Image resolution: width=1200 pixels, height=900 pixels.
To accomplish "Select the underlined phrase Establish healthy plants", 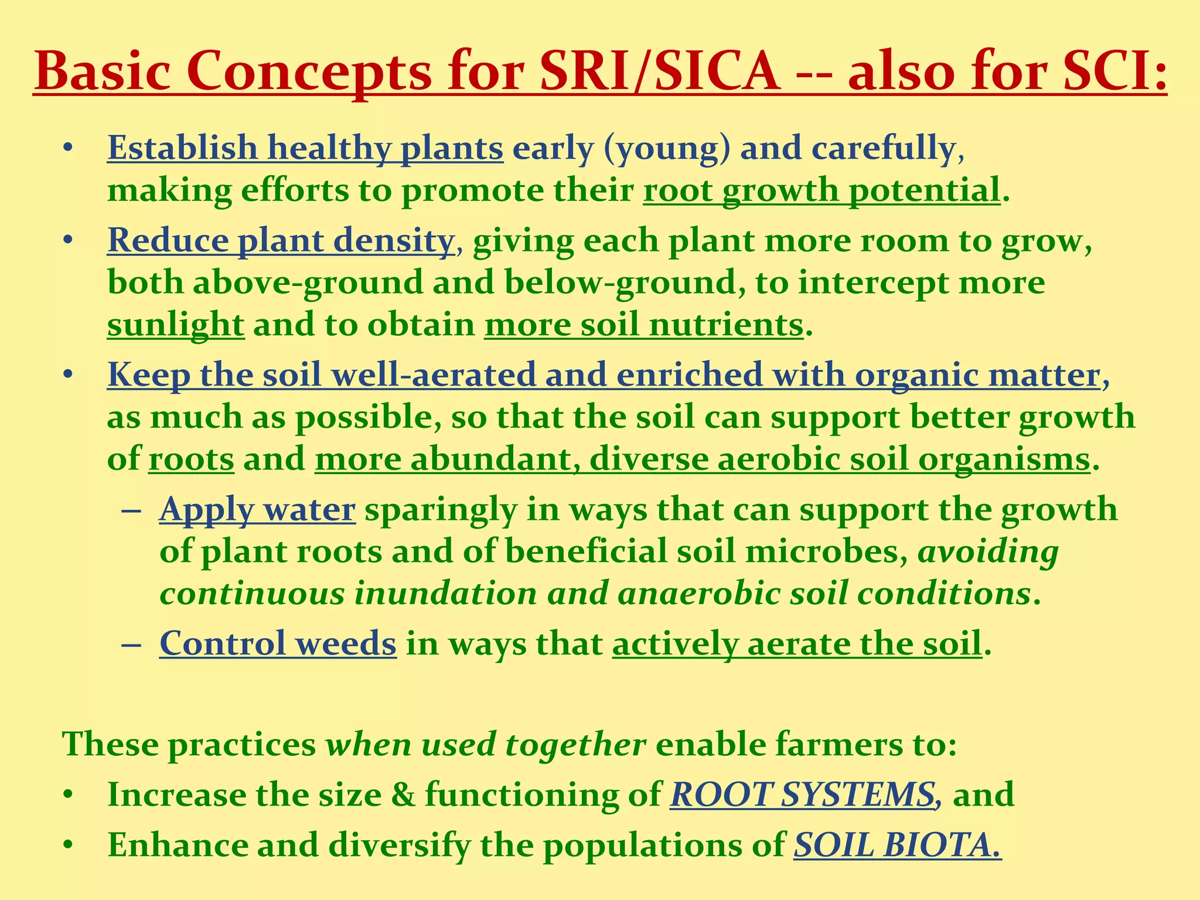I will [x=305, y=148].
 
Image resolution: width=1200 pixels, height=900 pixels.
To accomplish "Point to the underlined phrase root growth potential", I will [x=821, y=190].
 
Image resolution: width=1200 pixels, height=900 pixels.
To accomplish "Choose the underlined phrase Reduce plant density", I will [x=281, y=241].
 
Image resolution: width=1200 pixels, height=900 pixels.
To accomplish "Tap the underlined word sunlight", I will [x=175, y=325].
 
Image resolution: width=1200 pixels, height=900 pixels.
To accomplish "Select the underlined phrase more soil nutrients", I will [x=643, y=325].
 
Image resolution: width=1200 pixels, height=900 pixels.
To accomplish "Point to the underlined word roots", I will [x=191, y=459].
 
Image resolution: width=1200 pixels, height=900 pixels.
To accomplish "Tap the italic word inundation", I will [x=445, y=594].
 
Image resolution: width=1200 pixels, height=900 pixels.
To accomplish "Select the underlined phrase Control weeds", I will [x=278, y=644].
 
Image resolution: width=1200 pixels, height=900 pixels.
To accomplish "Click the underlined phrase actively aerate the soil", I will [x=797, y=644].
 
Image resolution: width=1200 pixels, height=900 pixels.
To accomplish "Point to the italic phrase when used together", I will [x=486, y=745].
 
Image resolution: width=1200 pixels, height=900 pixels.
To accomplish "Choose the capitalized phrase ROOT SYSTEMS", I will [x=802, y=795].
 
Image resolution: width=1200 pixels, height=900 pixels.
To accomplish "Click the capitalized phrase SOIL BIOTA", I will [x=896, y=846].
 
